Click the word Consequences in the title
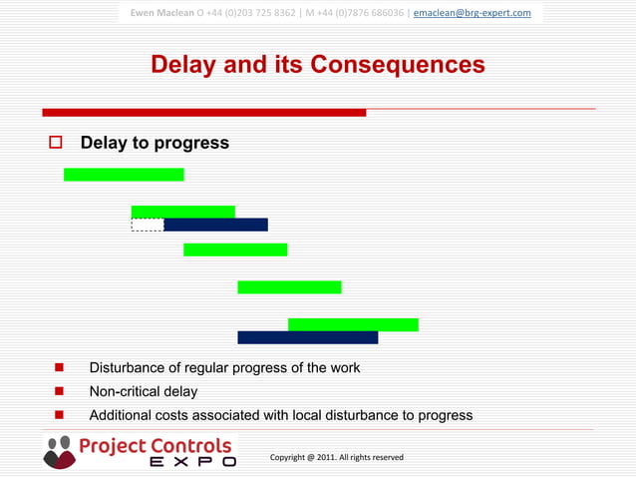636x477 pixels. click(x=398, y=65)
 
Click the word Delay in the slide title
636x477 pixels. click(x=185, y=65)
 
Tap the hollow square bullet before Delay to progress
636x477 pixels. click(x=56, y=143)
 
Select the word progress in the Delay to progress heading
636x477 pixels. click(x=191, y=143)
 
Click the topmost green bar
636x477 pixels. click(x=124, y=175)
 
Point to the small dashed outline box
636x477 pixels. click(x=147, y=225)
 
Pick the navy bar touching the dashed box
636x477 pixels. click(x=215, y=225)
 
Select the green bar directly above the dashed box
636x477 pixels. click(x=183, y=212)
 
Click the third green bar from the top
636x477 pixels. click(x=235, y=249)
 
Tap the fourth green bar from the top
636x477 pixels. click(x=289, y=287)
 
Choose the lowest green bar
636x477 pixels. click(x=353, y=324)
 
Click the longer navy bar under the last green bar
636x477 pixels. click(x=307, y=337)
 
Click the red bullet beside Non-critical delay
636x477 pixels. click(x=60, y=392)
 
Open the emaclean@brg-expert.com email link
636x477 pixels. click(x=472, y=13)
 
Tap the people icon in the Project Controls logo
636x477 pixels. click(x=59, y=451)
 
